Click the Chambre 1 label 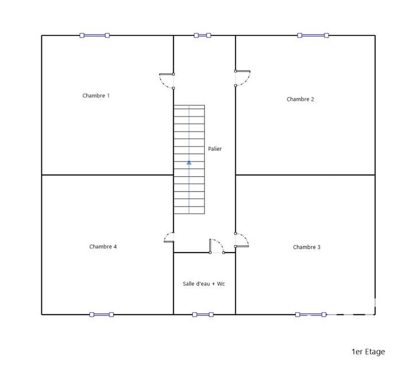[x=96, y=96]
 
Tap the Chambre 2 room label [x=300, y=99]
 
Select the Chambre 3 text [x=307, y=247]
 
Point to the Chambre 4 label [x=103, y=247]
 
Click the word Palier [x=215, y=149]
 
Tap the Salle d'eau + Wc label [x=204, y=283]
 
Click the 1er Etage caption [x=368, y=352]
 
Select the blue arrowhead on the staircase [x=189, y=162]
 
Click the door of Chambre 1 [x=166, y=81]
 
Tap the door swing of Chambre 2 [x=243, y=78]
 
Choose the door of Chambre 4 [x=168, y=238]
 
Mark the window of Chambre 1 [x=95, y=36]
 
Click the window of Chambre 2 [x=313, y=36]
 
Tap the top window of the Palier [x=203, y=36]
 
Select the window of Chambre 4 [x=102, y=314]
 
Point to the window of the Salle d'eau [x=203, y=314]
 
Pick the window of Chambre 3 [x=311, y=314]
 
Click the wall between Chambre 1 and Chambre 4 [x=107, y=174]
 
